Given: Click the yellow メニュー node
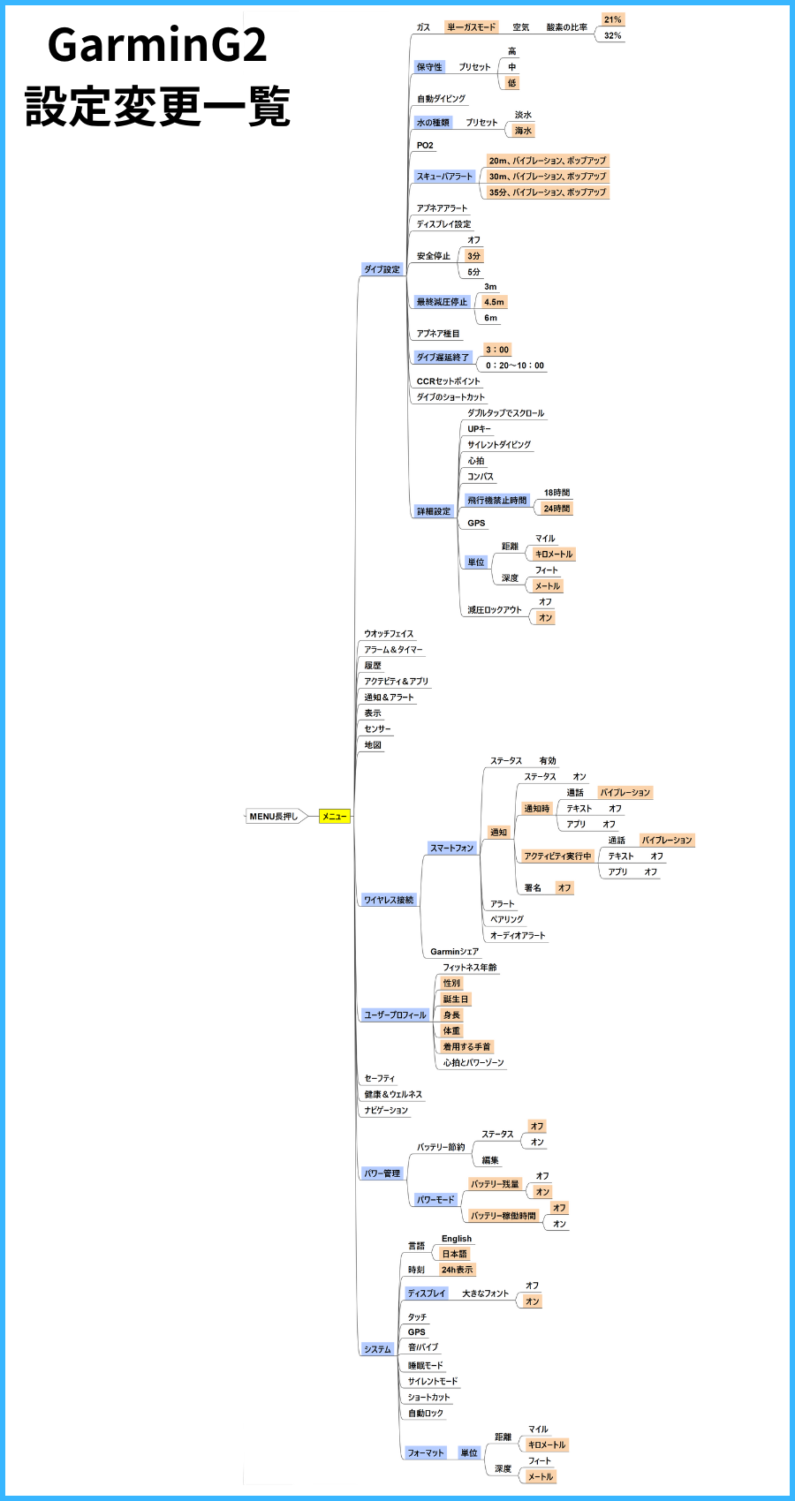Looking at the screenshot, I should point(335,816).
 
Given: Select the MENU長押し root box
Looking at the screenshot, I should point(274,816).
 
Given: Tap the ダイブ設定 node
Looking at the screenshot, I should point(382,269).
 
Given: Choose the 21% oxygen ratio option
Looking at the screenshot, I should point(612,19).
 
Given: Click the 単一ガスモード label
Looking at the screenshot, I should point(472,27).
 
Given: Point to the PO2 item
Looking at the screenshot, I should point(425,146).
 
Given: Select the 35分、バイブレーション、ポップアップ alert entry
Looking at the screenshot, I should point(548,192).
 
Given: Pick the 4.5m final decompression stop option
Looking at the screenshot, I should point(494,302).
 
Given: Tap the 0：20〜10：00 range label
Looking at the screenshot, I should point(515,366).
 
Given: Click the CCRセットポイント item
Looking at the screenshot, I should point(449,381).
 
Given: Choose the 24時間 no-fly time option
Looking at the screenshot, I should point(556,509).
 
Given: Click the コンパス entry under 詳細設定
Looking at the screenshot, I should point(481,477).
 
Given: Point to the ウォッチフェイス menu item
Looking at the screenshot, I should point(389,634).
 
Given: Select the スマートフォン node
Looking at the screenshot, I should point(451,848).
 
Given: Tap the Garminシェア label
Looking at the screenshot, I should point(454,952).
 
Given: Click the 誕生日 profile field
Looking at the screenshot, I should point(456,999).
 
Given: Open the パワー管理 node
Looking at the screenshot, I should point(382,1173).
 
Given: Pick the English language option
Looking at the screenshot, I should point(457,1239).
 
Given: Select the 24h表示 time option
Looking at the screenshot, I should point(457,1270).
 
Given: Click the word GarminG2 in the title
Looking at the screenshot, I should point(157,46).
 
